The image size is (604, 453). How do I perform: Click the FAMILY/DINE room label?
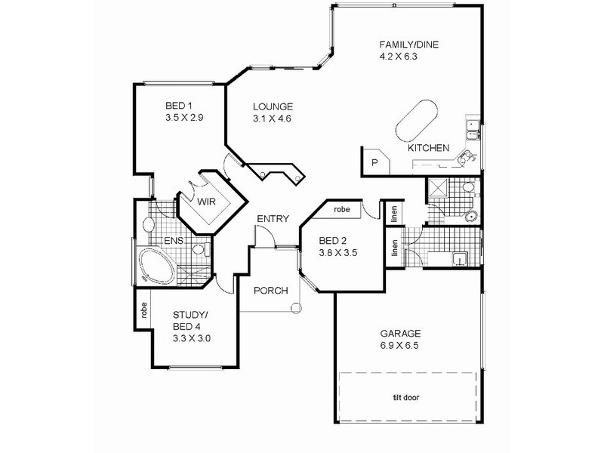coord(408,44)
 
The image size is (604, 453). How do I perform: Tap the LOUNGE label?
coord(273,106)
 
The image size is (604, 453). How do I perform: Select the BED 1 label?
coord(180,106)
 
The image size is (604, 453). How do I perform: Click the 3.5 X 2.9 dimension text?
coord(184,119)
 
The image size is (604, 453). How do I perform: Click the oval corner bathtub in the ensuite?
coord(156,266)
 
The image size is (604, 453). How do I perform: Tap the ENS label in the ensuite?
coord(175,241)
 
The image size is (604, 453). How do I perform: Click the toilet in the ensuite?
coord(200,248)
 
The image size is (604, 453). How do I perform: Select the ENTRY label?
coord(272,219)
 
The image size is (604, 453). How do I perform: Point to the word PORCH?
coord(270,291)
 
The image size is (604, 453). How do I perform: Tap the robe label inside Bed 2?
coord(343,209)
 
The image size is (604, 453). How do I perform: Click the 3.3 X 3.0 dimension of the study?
coord(191,338)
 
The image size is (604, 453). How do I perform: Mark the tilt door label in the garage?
coord(405,398)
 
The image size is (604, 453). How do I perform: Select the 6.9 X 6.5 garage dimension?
coord(399,346)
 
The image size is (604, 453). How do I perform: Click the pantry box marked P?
coord(374,162)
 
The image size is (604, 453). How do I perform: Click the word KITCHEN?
coord(429,148)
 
